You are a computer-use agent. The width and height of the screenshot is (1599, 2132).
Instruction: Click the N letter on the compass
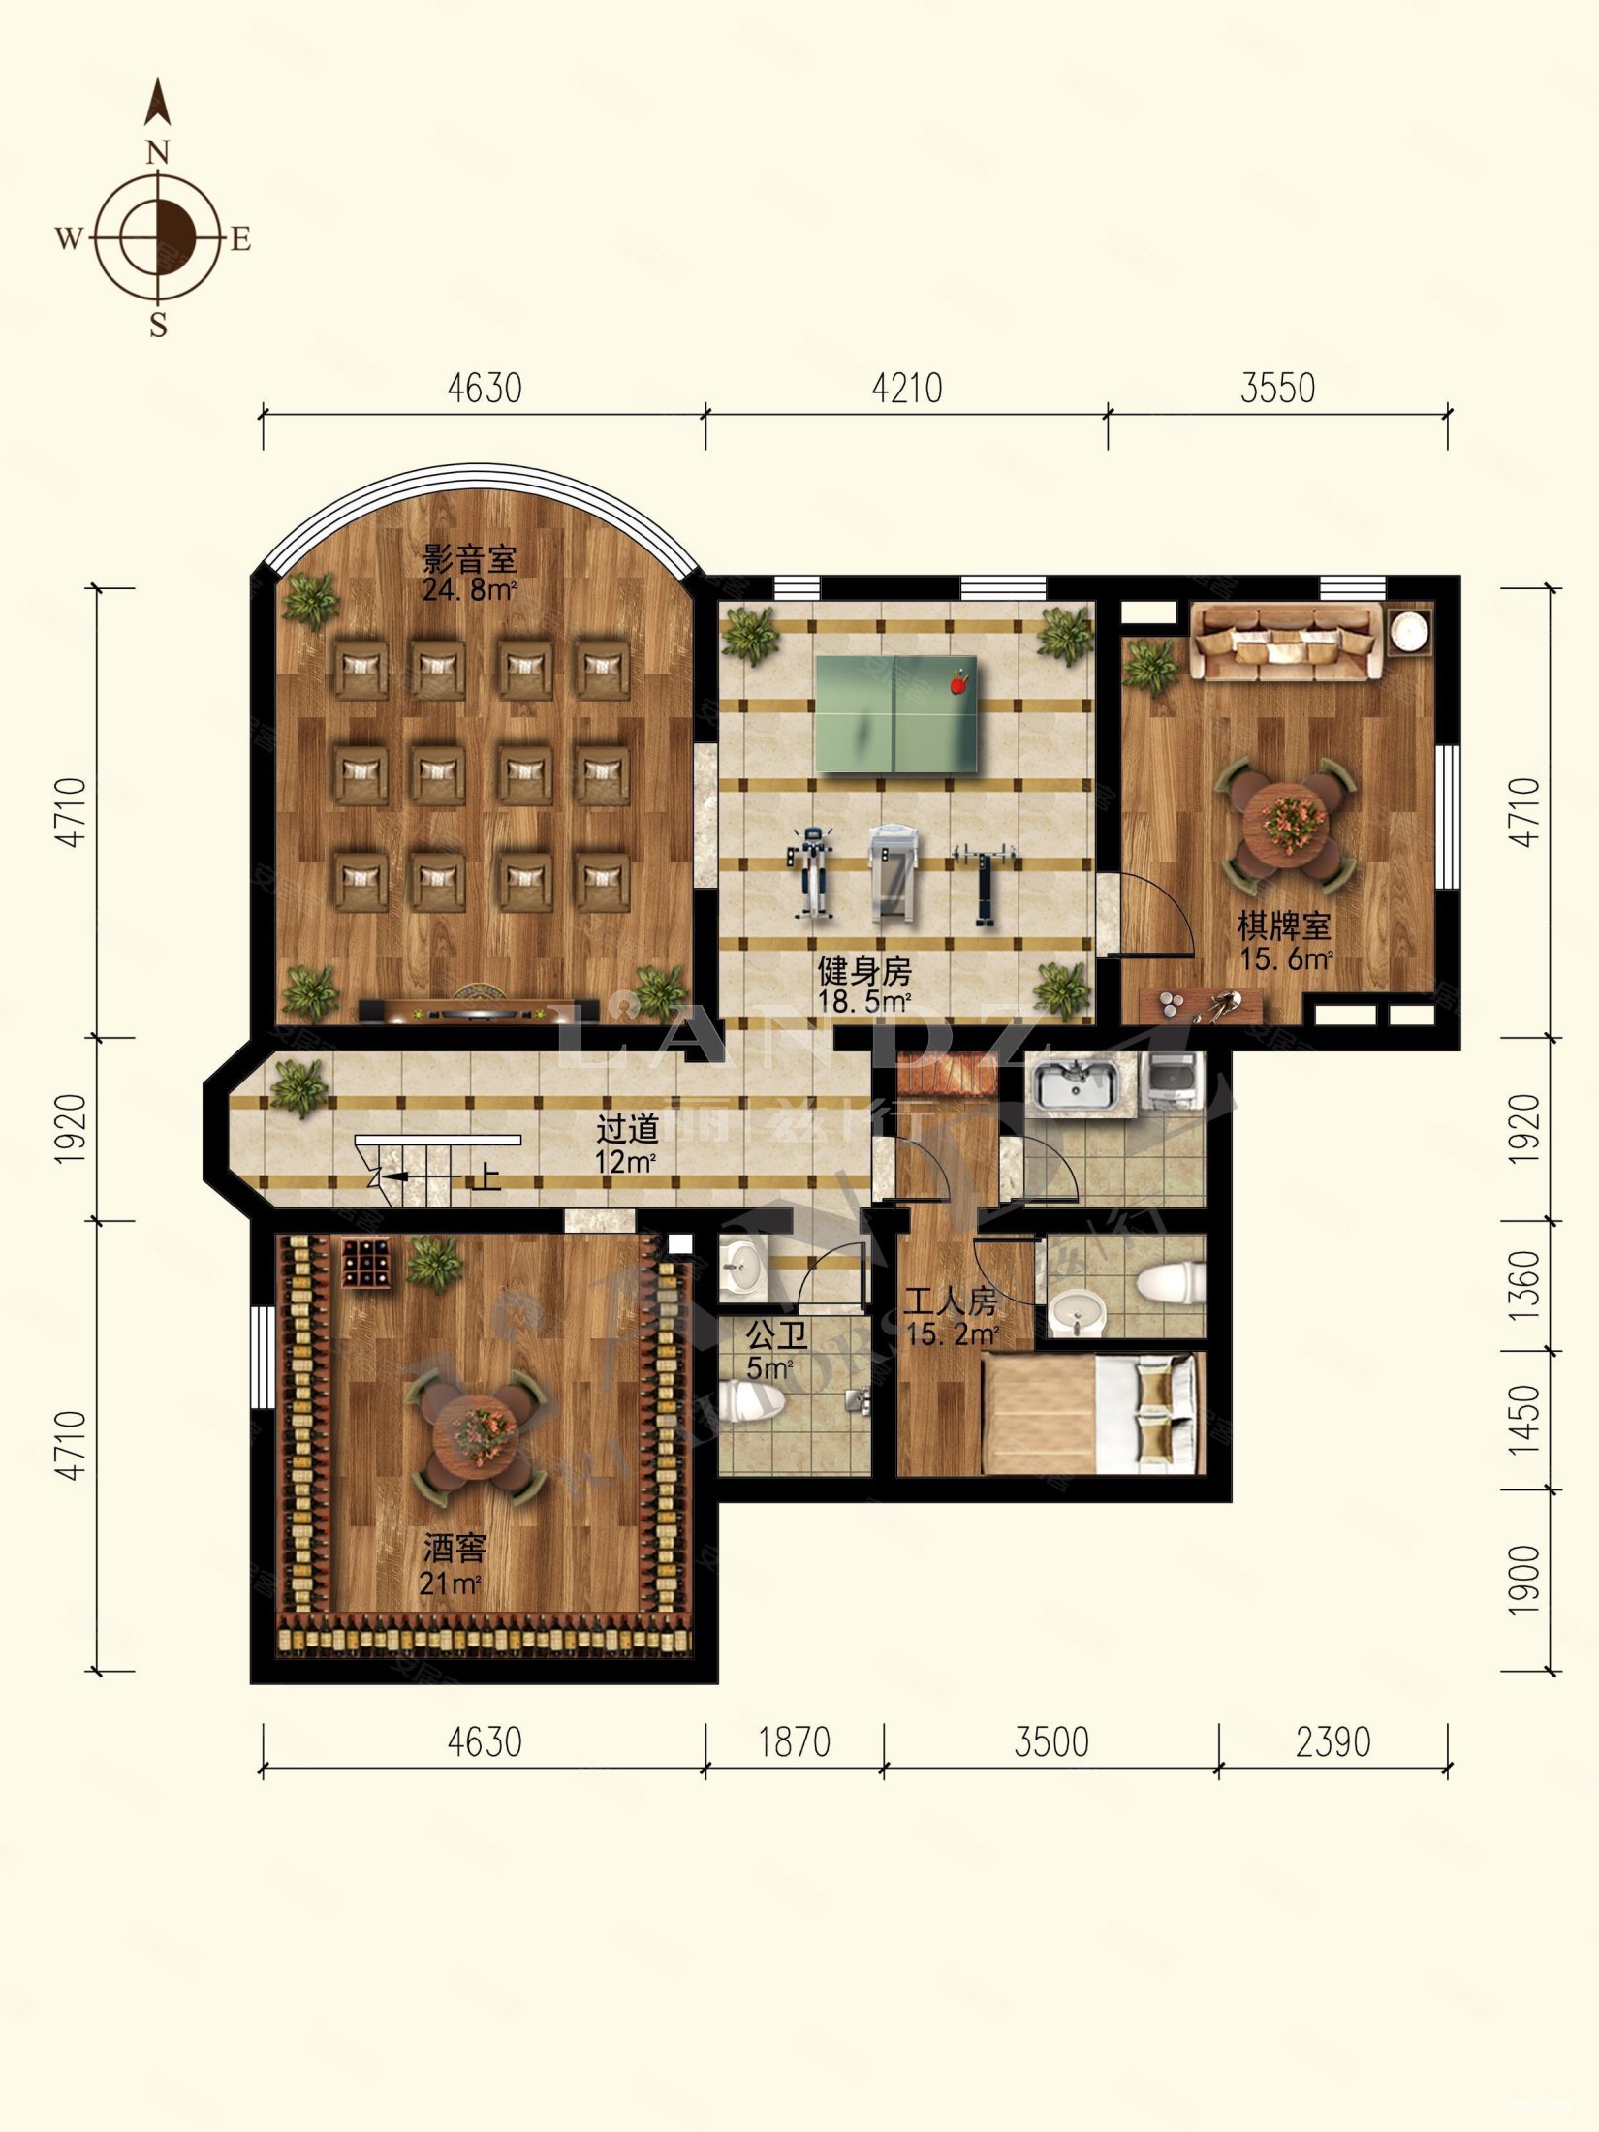(x=159, y=153)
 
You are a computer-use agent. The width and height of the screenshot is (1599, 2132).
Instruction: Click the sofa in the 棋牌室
(x=1287, y=641)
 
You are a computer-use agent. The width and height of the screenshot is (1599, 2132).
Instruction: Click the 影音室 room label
(x=470, y=559)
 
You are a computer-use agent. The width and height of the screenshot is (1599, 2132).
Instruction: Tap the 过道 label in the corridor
(x=627, y=1129)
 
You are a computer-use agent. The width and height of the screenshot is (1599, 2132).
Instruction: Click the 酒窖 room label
(x=454, y=1549)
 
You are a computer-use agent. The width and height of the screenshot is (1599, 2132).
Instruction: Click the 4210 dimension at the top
(x=906, y=389)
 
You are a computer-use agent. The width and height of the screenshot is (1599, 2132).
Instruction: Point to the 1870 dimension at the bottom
(x=794, y=1742)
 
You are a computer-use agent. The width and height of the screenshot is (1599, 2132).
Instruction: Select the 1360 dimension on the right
(x=1524, y=1285)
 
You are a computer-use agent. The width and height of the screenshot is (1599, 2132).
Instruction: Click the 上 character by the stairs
(x=486, y=1176)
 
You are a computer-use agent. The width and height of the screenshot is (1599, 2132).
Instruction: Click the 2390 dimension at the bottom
(x=1332, y=1742)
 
